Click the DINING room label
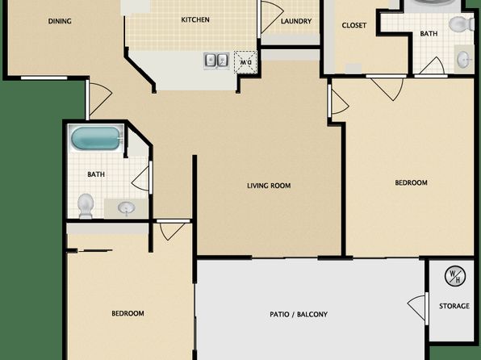pyautogui.click(x=60, y=21)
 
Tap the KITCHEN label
pyautogui.click(x=195, y=19)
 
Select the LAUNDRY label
pyautogui.click(x=296, y=21)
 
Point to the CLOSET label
pyautogui.click(x=354, y=25)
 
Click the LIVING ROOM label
pyautogui.click(x=269, y=186)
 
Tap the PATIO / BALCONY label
pyautogui.click(x=299, y=314)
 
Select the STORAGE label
pyautogui.click(x=454, y=306)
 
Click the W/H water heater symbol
pyautogui.click(x=455, y=276)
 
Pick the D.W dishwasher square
pyautogui.click(x=245, y=62)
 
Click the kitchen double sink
pyautogui.click(x=216, y=61)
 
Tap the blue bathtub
pyautogui.click(x=96, y=139)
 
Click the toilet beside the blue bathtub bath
pyautogui.click(x=86, y=206)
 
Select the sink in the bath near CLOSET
pyautogui.click(x=463, y=59)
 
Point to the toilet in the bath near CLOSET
pyautogui.click(x=462, y=23)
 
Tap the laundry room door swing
pyautogui.click(x=273, y=17)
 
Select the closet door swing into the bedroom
pyautogui.click(x=387, y=89)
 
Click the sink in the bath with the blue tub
pyautogui.click(x=126, y=208)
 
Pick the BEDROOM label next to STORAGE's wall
pyautogui.click(x=411, y=182)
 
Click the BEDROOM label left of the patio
pyautogui.click(x=128, y=313)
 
